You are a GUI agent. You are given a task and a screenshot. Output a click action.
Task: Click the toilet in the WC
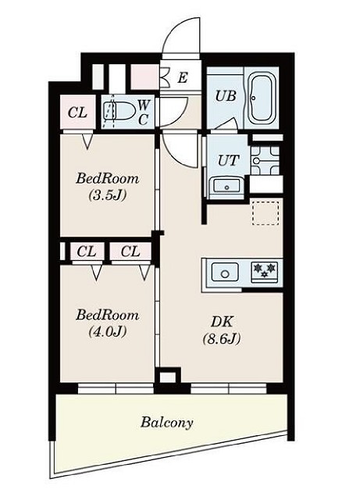(120, 111)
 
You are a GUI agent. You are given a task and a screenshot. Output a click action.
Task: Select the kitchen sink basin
(224, 272)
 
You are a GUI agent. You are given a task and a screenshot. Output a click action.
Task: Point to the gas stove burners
(265, 271)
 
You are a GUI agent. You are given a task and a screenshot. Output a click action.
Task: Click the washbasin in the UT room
(226, 186)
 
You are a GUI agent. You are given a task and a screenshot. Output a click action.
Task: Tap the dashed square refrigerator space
(266, 212)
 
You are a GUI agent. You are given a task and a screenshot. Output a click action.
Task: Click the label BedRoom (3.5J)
(108, 187)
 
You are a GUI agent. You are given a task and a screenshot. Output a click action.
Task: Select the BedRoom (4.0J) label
(108, 323)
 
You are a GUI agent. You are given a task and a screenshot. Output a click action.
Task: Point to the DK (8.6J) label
(222, 330)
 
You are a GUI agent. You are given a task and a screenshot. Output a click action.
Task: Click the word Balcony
(167, 422)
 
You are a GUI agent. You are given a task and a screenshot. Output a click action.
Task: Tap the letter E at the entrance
(183, 77)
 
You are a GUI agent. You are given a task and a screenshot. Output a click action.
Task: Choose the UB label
(225, 96)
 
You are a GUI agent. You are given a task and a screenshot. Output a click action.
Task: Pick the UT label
(228, 161)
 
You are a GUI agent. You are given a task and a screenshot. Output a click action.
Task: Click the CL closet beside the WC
(77, 113)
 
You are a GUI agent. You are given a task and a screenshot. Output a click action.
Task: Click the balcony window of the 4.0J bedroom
(116, 388)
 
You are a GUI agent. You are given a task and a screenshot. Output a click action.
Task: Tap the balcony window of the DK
(228, 388)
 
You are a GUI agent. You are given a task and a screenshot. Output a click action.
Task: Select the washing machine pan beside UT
(266, 159)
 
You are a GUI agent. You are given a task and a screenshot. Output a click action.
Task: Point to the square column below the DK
(167, 377)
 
